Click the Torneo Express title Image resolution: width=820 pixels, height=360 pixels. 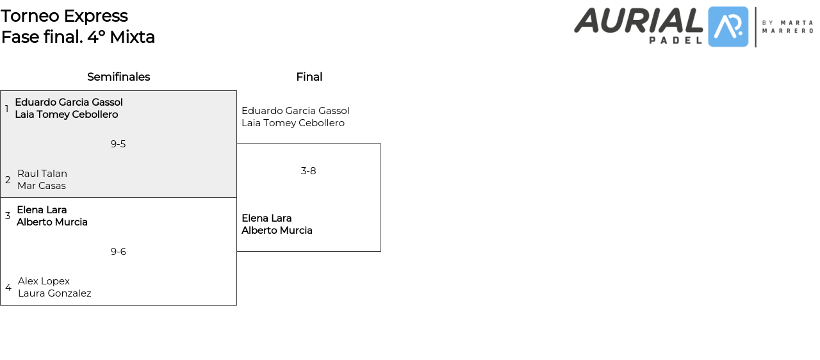(64, 16)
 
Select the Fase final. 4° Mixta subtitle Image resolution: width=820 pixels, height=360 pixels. (78, 37)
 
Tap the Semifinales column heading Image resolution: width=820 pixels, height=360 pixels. (119, 77)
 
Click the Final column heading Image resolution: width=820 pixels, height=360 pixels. (309, 77)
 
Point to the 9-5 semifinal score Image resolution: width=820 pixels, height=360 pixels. (118, 144)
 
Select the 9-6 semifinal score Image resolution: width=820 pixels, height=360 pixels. (118, 252)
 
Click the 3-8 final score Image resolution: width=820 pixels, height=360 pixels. (308, 171)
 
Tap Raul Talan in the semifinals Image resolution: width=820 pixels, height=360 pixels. (42, 174)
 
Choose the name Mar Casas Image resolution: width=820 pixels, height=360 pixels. (42, 186)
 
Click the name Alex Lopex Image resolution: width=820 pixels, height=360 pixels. (44, 281)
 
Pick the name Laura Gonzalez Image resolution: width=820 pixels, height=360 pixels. (54, 293)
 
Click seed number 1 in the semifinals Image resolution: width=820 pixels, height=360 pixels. (7, 109)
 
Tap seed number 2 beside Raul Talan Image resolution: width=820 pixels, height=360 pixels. (8, 180)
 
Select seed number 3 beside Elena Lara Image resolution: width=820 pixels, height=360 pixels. (8, 216)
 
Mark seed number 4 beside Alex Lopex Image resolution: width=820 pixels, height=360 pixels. (8, 288)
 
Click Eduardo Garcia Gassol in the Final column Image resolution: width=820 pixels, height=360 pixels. (295, 111)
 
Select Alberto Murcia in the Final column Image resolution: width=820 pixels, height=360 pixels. (277, 231)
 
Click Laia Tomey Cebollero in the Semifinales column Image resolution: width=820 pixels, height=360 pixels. (67, 115)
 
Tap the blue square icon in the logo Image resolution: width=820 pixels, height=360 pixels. (728, 27)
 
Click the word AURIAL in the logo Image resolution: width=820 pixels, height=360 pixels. (638, 20)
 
